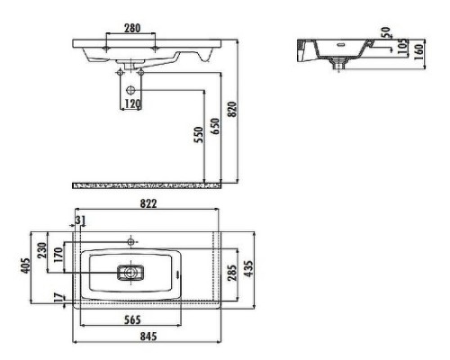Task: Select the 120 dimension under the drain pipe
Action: (132, 104)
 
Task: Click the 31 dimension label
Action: (81, 220)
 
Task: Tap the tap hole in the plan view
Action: (132, 241)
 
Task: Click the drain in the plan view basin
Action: (131, 270)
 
